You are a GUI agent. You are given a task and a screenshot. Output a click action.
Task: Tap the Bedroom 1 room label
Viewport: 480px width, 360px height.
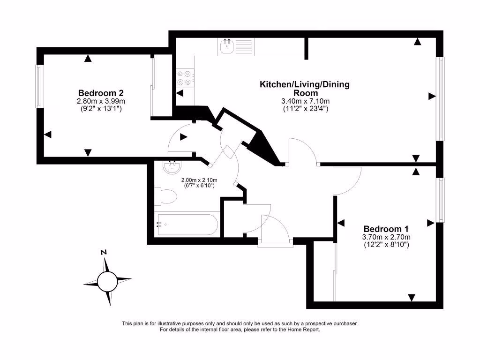click(386, 229)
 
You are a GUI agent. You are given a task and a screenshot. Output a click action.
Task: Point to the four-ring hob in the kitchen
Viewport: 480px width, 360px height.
click(185, 78)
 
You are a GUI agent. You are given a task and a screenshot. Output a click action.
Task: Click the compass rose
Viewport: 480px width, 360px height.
click(107, 281)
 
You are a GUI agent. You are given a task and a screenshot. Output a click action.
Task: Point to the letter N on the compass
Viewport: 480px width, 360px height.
click(104, 253)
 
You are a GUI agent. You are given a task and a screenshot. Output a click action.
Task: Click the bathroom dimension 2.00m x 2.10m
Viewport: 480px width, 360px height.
click(199, 180)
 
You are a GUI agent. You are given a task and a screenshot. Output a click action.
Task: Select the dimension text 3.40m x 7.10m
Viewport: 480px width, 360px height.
click(305, 101)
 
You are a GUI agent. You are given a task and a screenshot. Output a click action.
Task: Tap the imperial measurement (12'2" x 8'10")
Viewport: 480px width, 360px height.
click(386, 244)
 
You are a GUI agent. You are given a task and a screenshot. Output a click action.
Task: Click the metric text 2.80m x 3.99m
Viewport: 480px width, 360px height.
click(101, 101)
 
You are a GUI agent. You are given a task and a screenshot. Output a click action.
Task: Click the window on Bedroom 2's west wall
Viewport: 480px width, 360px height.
click(38, 86)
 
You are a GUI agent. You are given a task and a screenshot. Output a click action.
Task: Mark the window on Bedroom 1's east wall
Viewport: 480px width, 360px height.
click(441, 200)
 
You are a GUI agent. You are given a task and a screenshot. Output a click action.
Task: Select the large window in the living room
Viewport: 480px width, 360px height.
click(441, 98)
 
